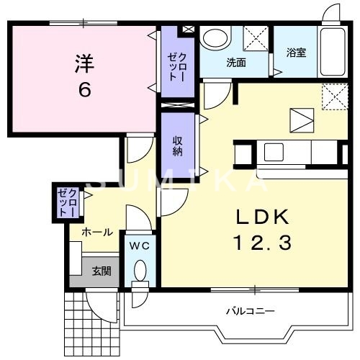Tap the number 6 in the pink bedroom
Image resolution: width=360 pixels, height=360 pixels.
[x=84, y=89]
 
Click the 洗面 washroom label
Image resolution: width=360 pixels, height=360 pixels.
[x=236, y=63]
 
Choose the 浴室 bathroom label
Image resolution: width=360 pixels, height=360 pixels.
[x=296, y=52]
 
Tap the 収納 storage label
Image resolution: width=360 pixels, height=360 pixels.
[x=177, y=145]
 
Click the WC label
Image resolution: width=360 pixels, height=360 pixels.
[x=139, y=246]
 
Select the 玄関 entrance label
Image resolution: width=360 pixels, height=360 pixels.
[x=102, y=271]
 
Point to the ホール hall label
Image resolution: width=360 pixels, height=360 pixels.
[x=96, y=232]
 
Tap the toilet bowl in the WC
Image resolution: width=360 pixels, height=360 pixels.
[x=140, y=271]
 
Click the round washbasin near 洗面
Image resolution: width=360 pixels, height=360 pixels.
[x=215, y=38]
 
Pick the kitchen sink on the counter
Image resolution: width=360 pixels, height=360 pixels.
[x=274, y=152]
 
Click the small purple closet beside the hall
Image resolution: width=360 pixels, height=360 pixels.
[x=68, y=202]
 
